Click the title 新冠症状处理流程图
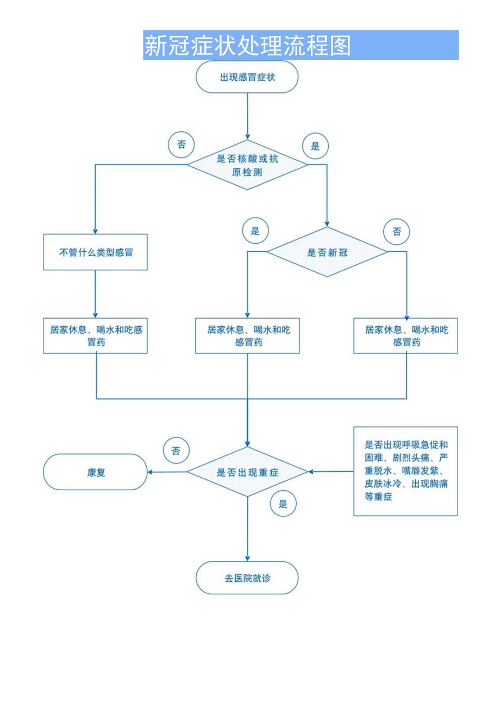click(x=247, y=46)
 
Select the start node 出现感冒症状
click(x=247, y=77)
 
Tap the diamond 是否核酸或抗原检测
click(x=247, y=164)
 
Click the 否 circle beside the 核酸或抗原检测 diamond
click(x=182, y=144)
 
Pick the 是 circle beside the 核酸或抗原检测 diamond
click(x=315, y=145)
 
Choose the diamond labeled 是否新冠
click(x=327, y=252)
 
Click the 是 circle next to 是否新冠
click(x=255, y=231)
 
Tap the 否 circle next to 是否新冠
click(x=397, y=232)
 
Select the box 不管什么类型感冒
click(x=95, y=252)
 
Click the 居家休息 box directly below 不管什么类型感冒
click(x=95, y=335)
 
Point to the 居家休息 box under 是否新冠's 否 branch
click(x=406, y=335)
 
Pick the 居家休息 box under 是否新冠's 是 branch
click(x=247, y=335)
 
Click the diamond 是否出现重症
click(x=247, y=472)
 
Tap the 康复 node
click(x=95, y=472)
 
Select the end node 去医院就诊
click(x=247, y=578)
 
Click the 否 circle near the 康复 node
click(x=176, y=451)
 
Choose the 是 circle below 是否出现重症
click(x=283, y=504)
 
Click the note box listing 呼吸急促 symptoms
click(x=405, y=470)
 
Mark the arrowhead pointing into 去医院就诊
click(x=247, y=558)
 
